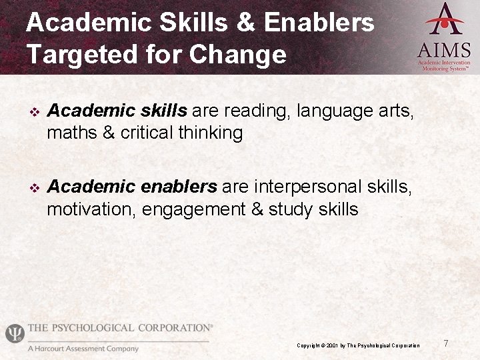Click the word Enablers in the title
pos(319,23)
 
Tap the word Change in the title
pos(237,54)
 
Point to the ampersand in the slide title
pos(241,23)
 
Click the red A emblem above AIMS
pos(445,19)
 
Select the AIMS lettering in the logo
pos(444,50)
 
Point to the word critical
pos(147,133)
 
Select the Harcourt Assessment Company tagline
pos(83,349)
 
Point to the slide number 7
pos(445,343)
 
